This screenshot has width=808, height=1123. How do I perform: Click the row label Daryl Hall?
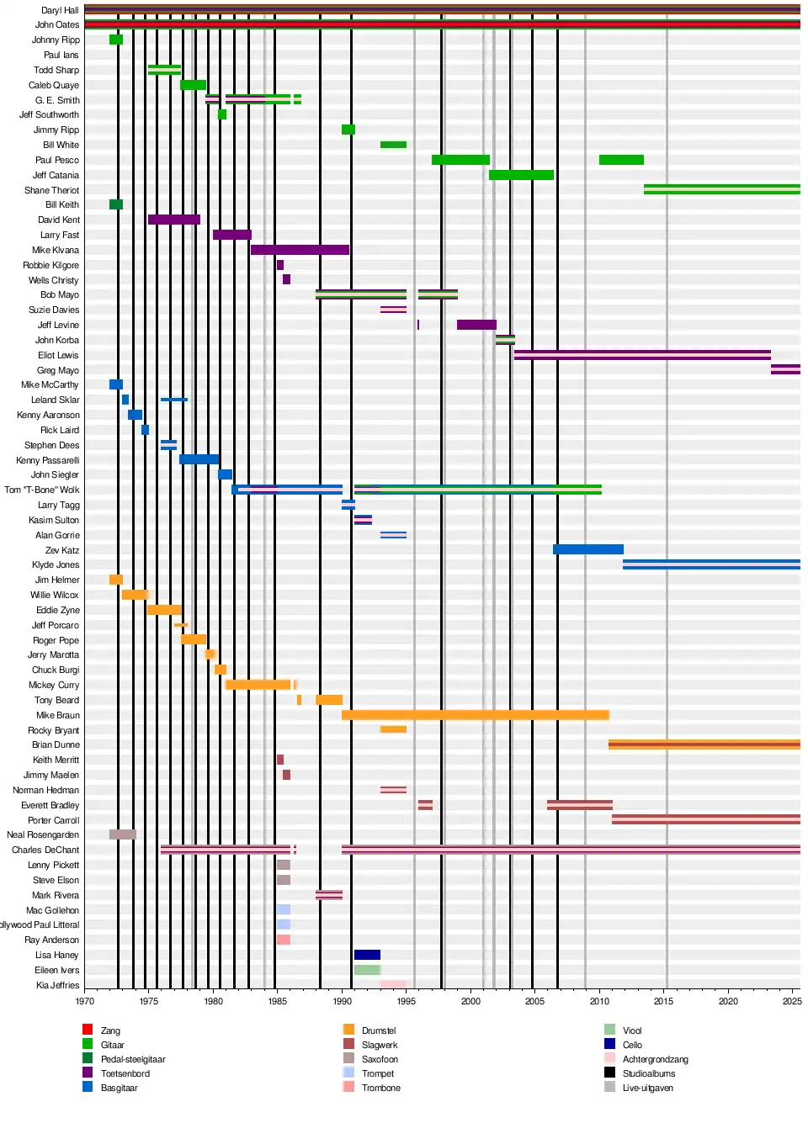[x=60, y=10]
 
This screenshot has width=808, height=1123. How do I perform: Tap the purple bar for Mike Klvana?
[x=300, y=250]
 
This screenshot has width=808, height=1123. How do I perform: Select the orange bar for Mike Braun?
[x=475, y=715]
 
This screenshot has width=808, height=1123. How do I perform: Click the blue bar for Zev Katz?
[x=587, y=549]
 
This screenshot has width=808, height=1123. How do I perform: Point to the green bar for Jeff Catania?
[x=521, y=175]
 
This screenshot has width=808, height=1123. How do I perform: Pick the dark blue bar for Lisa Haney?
[x=367, y=955]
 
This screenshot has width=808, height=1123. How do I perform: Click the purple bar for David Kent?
[x=173, y=220]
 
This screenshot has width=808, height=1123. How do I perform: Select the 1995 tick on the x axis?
[x=407, y=1001]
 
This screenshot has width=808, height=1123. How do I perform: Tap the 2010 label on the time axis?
[x=599, y=1001]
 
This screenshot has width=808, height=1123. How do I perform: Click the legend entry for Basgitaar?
[x=119, y=1088]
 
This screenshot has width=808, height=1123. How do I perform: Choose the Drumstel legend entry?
[x=379, y=1030]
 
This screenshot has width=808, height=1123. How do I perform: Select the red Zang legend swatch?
[x=88, y=1030]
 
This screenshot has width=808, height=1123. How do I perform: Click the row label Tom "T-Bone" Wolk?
[x=42, y=490]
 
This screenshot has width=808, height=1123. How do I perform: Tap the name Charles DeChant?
[x=45, y=850]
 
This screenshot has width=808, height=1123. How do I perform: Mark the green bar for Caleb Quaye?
[x=193, y=85]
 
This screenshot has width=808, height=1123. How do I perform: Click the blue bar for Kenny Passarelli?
[x=199, y=459]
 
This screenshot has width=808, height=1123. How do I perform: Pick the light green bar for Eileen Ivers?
[x=367, y=970]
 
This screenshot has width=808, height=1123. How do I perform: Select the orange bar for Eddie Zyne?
[x=164, y=610]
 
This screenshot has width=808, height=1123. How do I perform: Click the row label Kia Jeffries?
[x=57, y=985]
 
